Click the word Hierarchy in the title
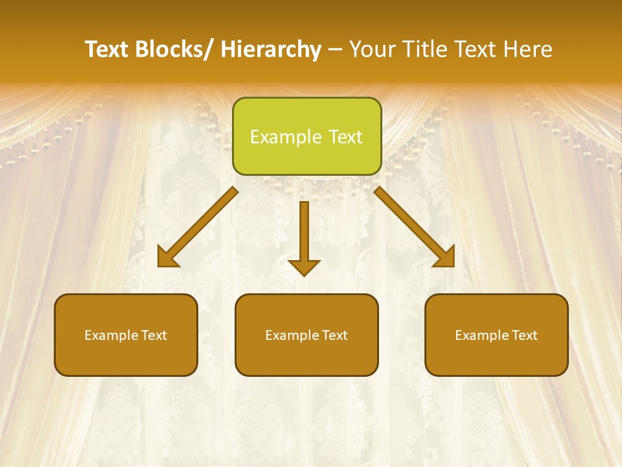click(x=271, y=49)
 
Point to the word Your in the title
click(x=372, y=49)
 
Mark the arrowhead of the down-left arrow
click(x=167, y=257)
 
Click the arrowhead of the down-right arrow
click(x=445, y=257)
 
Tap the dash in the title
click(x=335, y=49)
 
